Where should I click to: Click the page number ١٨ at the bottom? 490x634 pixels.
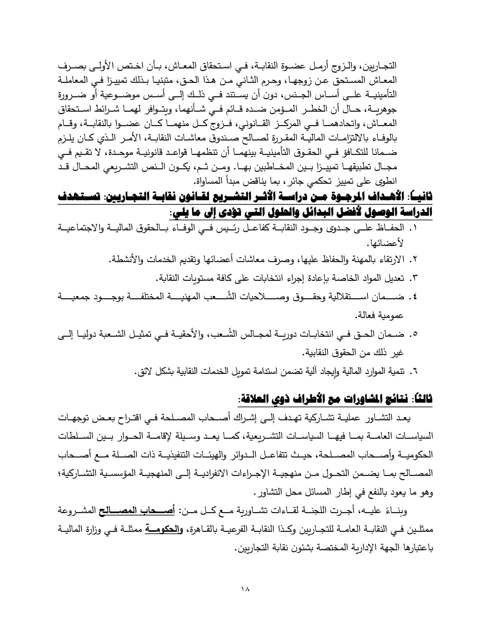click(x=245, y=589)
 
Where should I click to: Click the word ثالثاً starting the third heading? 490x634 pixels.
click(x=422, y=399)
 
